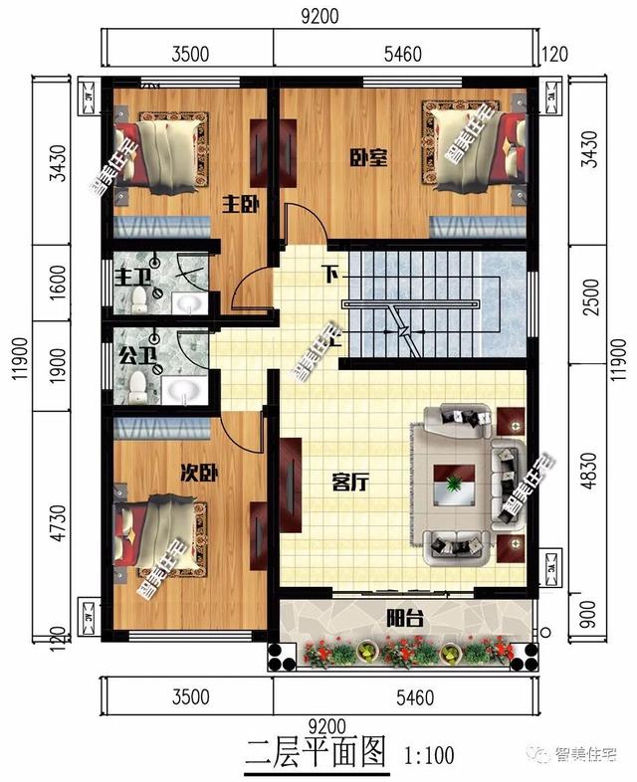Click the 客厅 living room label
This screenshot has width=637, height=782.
click(350, 484)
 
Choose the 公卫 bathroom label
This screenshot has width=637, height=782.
click(130, 354)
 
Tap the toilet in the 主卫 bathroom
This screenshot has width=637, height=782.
click(137, 299)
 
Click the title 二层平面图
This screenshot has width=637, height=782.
click(316, 753)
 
